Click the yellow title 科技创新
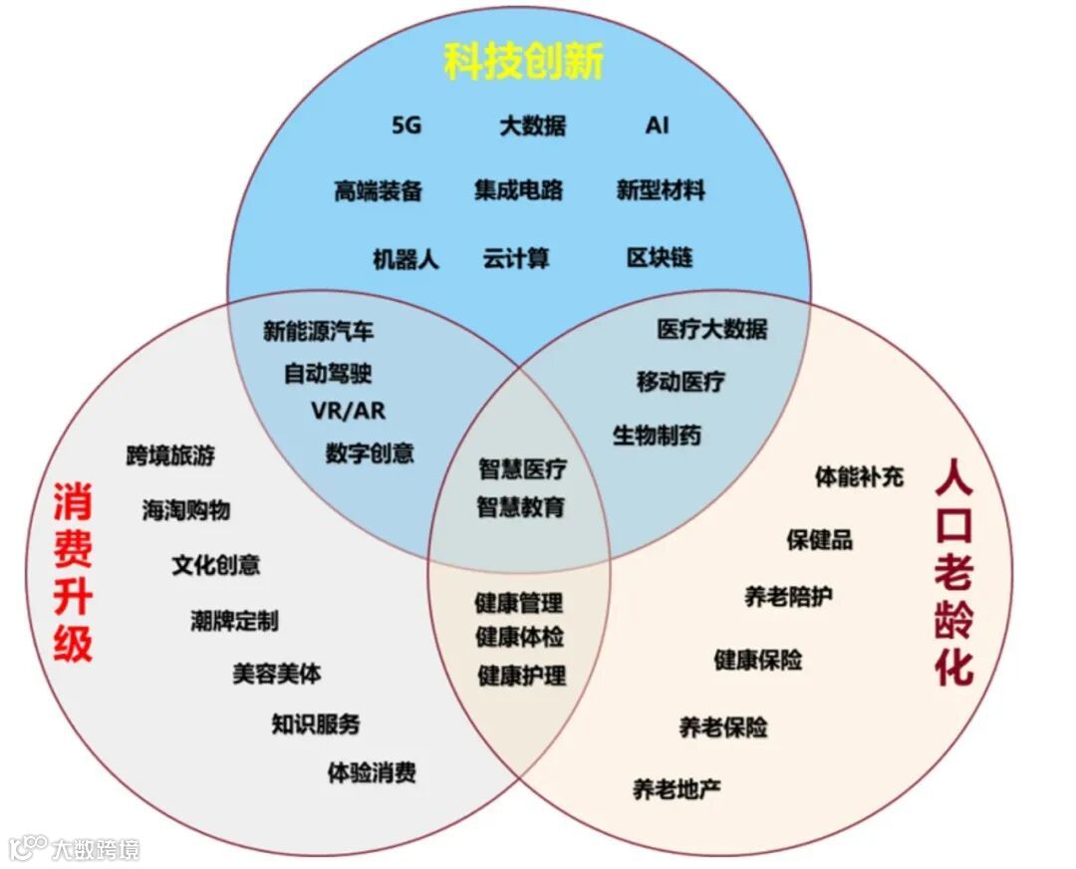point(523,62)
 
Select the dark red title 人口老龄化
point(953,573)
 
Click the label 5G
point(406,126)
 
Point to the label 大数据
point(533,126)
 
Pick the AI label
point(657,126)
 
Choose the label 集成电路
point(518,190)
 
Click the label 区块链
point(660,258)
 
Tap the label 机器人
point(405,259)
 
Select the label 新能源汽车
point(319,332)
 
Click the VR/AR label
point(348,411)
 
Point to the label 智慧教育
point(521,506)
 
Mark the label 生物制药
point(657,435)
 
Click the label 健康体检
point(519,637)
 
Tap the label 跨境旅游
point(170,456)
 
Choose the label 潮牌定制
point(234,621)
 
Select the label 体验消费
point(372,772)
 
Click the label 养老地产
point(676,789)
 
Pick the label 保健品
point(819,540)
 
